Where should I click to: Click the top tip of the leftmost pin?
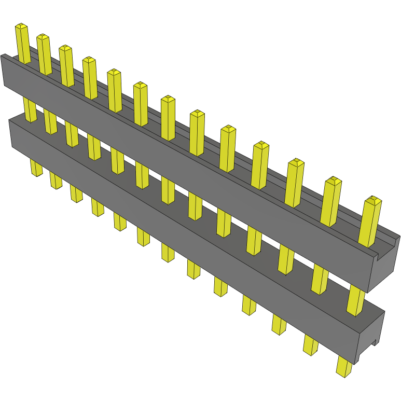click(x=21, y=25)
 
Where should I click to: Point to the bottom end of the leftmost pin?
click(x=37, y=172)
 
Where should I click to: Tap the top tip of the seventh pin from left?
click(x=168, y=99)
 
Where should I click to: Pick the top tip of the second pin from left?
click(x=43, y=37)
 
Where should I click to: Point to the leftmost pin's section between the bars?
click(x=31, y=110)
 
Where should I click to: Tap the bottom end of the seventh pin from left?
click(x=168, y=256)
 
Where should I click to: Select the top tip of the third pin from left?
click(x=65, y=48)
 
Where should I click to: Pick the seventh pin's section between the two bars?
click(x=168, y=189)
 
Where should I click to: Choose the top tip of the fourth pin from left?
click(x=89, y=60)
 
